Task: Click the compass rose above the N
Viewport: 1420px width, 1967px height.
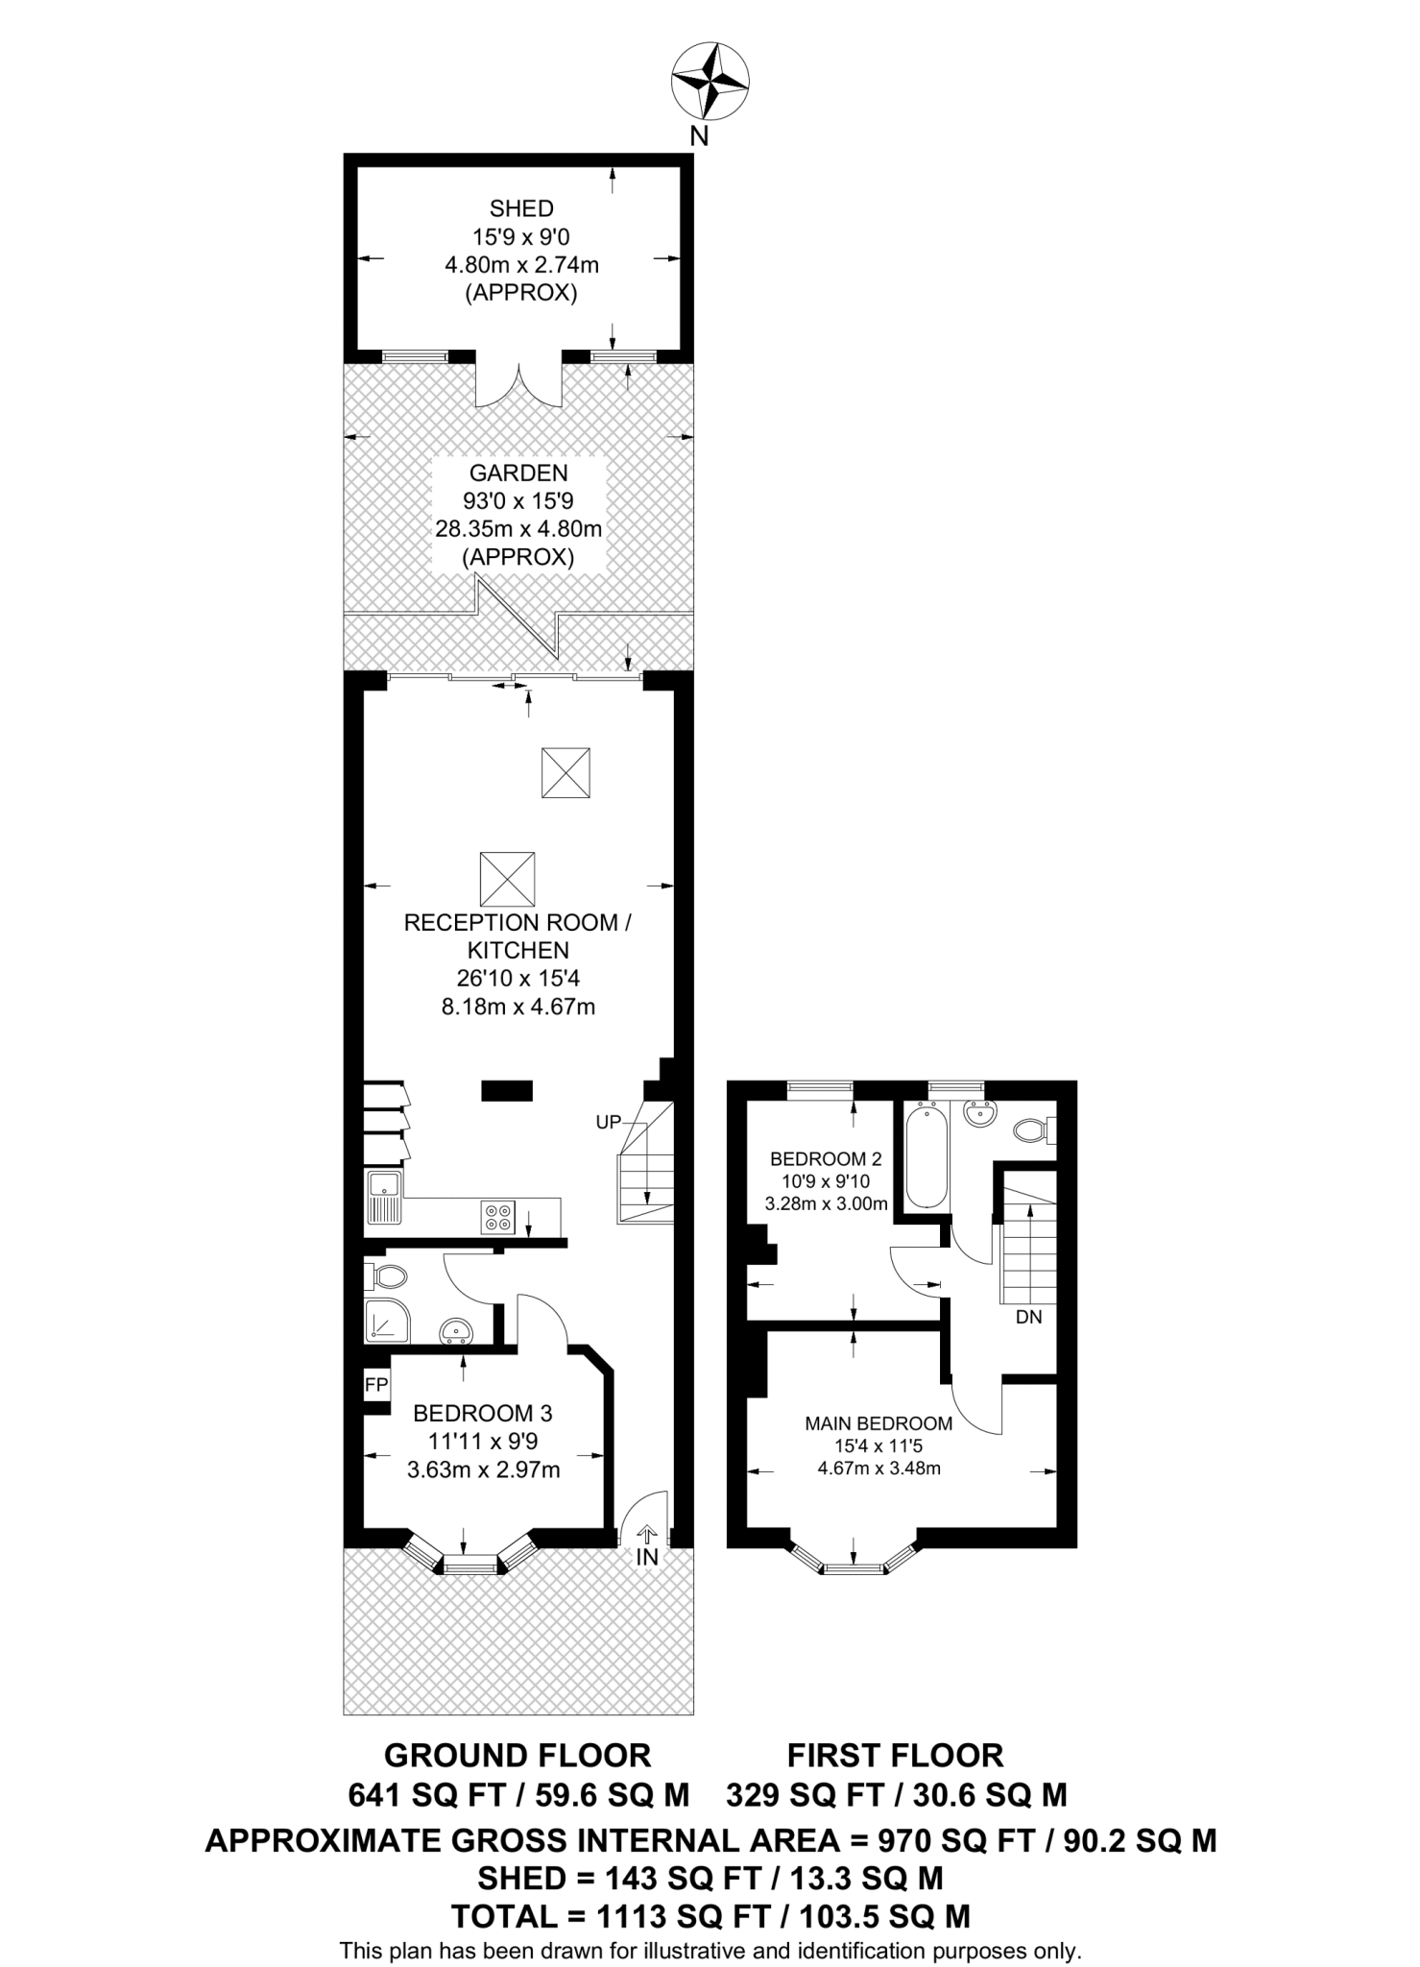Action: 710,83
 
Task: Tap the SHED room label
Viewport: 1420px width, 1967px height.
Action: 521,208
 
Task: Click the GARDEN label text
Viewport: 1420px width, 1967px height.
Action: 518,473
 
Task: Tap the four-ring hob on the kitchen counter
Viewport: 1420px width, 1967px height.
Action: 499,1217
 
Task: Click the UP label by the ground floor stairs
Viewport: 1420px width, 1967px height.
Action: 609,1121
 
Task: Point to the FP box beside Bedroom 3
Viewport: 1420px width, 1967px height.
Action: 376,1385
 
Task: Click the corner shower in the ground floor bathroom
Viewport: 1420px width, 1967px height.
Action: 385,1323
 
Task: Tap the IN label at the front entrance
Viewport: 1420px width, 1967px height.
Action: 647,1558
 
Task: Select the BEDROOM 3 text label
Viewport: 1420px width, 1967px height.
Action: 483,1413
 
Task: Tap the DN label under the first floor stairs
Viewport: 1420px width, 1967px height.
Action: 1028,1317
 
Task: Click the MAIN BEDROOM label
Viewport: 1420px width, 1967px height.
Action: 878,1423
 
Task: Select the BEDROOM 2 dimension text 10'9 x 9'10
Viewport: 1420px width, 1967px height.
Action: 825,1181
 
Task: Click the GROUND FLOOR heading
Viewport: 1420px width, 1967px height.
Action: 517,1756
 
